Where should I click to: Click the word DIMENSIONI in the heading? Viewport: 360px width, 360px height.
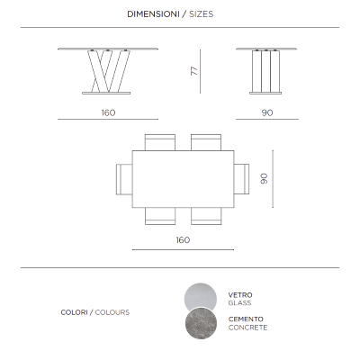click(x=153, y=14)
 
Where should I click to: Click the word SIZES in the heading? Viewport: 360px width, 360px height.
click(x=202, y=14)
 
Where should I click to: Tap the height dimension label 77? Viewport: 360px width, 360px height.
click(x=194, y=71)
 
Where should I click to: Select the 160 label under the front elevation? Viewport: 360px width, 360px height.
click(x=108, y=112)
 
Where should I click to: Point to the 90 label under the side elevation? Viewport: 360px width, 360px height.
click(x=267, y=112)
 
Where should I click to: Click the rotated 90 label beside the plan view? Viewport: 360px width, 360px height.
click(x=264, y=178)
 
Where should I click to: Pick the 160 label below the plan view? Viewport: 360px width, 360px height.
click(x=183, y=240)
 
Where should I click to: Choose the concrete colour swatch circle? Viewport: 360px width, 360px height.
click(x=201, y=323)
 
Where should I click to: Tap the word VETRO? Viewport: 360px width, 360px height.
click(x=240, y=295)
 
